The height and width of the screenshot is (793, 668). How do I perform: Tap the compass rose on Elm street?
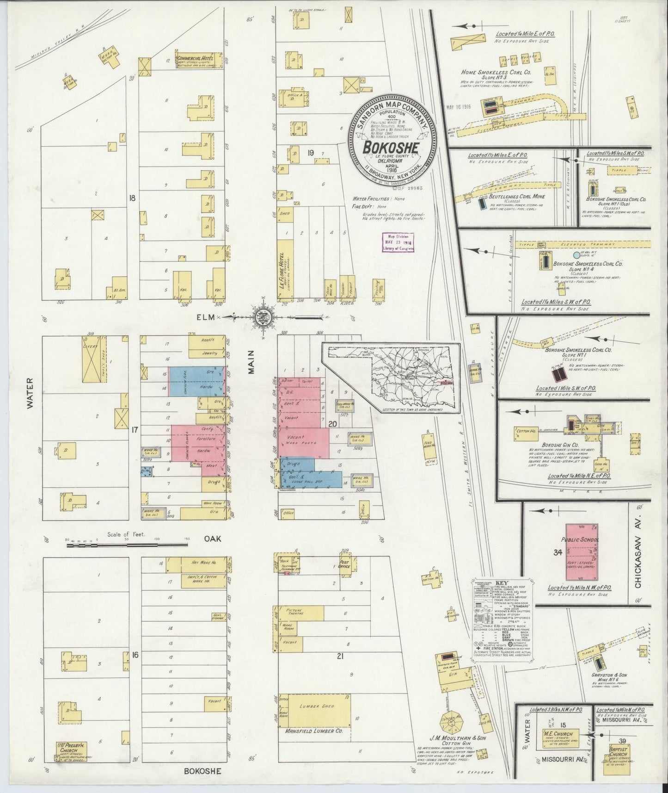tap(262, 317)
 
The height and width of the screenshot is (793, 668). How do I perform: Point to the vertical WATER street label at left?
tap(31, 398)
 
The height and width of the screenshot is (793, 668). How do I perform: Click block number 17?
tap(135, 430)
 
